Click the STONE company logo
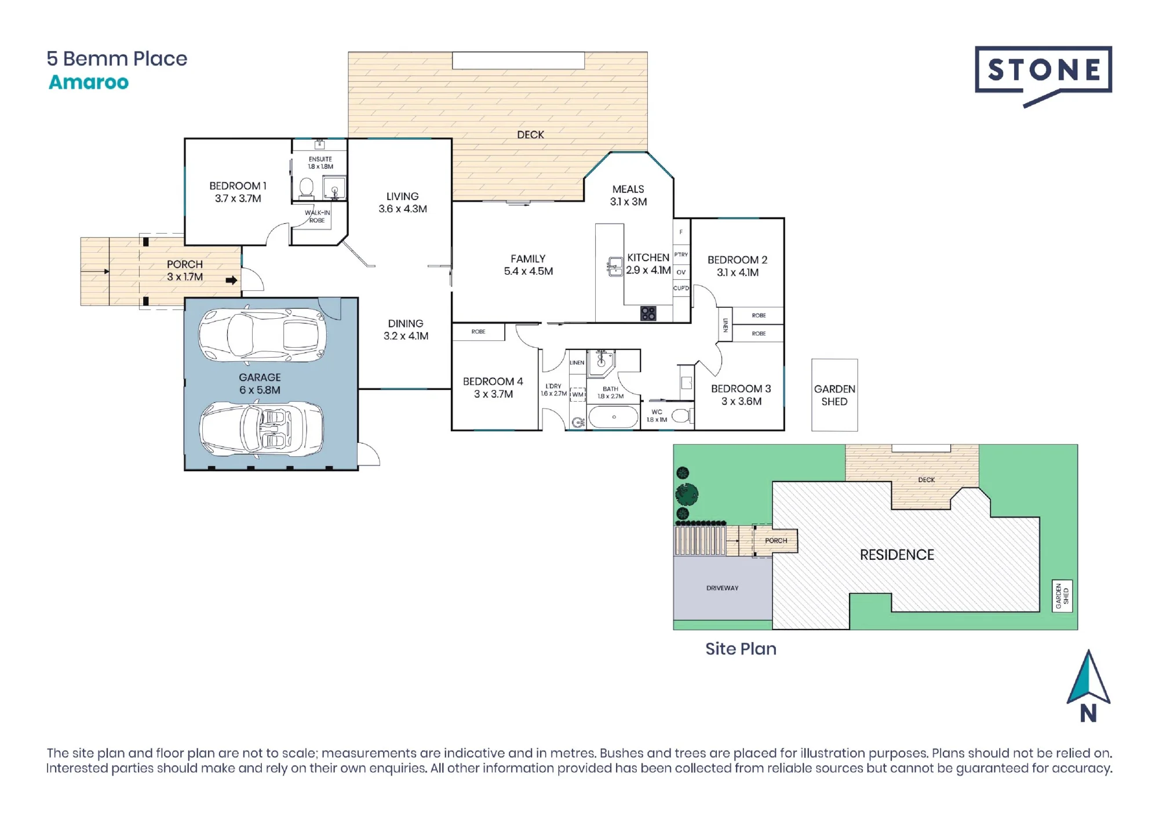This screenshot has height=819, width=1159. pyautogui.click(x=1043, y=75)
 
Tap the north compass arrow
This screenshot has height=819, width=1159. pyautogui.click(x=1088, y=676)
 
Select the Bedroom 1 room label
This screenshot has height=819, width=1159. pyautogui.click(x=238, y=192)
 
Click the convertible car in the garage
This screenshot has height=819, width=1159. pyautogui.click(x=261, y=429)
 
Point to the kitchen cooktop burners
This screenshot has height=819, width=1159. pyautogui.click(x=648, y=314)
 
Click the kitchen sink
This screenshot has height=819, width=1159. pyautogui.click(x=615, y=267)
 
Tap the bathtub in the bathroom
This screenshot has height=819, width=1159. pyautogui.click(x=613, y=417)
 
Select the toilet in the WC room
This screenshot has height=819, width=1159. pyautogui.click(x=683, y=416)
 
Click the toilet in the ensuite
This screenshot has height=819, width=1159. pyautogui.click(x=306, y=187)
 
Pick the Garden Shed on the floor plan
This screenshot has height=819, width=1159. pyautogui.click(x=834, y=395)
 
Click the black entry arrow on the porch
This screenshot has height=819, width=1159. pyautogui.click(x=231, y=281)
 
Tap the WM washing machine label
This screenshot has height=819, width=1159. pyautogui.click(x=578, y=395)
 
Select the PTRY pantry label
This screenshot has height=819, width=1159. pyautogui.click(x=681, y=254)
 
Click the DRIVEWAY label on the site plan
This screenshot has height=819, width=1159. pyautogui.click(x=722, y=588)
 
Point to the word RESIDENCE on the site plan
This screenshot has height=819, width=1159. pyautogui.click(x=896, y=555)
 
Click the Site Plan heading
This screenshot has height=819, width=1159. pyautogui.click(x=741, y=649)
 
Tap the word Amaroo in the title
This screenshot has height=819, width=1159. pyautogui.click(x=89, y=82)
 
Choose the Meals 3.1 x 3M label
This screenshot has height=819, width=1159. pyautogui.click(x=628, y=195)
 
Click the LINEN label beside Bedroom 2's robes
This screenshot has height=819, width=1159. pyautogui.click(x=725, y=325)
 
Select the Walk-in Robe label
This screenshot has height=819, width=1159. pyautogui.click(x=317, y=216)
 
